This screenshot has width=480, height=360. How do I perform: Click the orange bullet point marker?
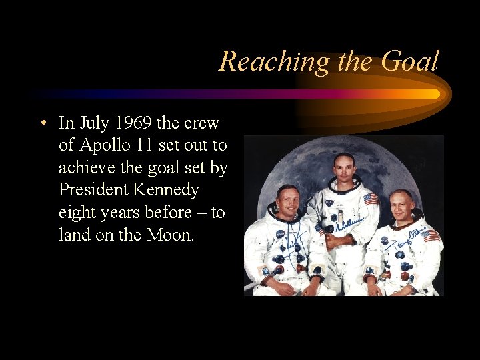point(42,123)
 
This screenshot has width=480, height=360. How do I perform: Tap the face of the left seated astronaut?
point(287,202)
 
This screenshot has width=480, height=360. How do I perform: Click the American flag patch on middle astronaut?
point(371,199)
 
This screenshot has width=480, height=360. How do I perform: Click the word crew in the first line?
point(203,123)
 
